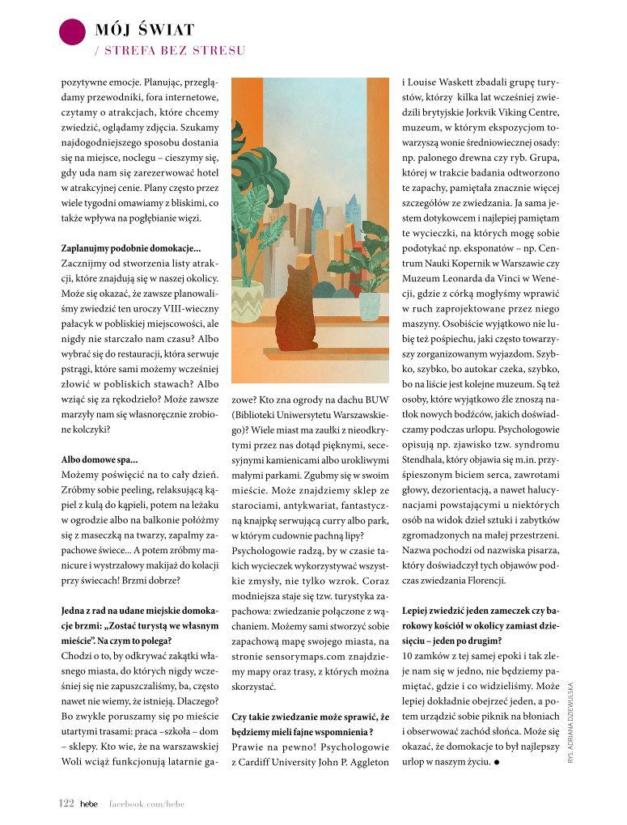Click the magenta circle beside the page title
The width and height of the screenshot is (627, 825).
(x=73, y=32)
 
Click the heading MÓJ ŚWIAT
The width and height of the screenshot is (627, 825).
(x=145, y=31)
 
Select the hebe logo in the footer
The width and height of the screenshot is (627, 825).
(x=89, y=803)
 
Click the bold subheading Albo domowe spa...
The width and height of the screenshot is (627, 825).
(x=100, y=459)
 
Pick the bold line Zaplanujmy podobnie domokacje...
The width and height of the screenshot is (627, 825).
(x=131, y=247)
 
